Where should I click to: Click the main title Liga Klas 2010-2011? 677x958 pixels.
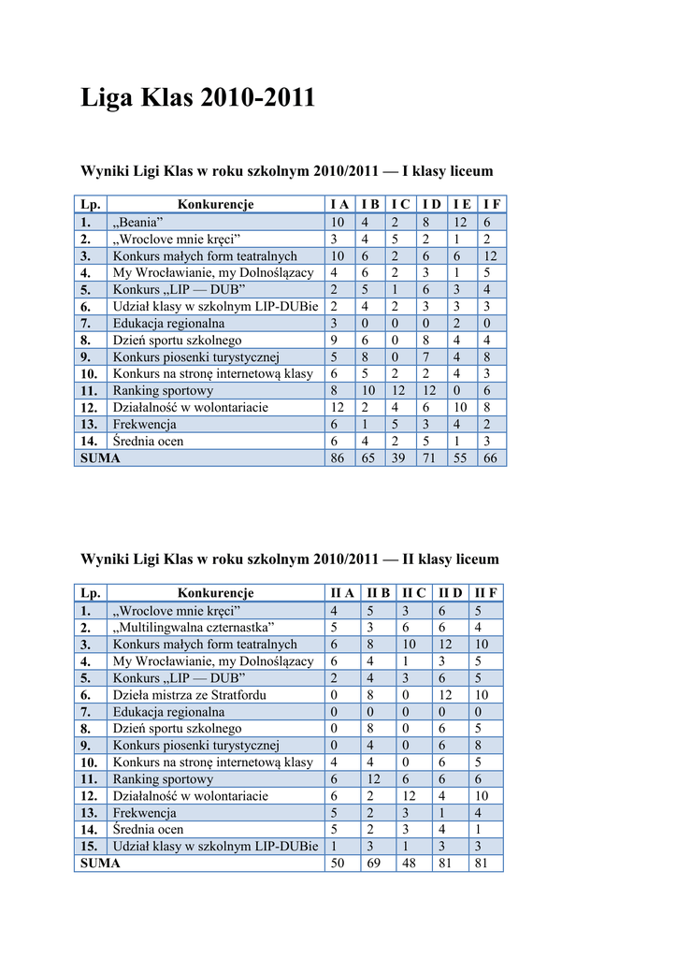pyautogui.click(x=198, y=98)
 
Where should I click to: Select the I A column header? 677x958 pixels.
pyautogui.click(x=339, y=205)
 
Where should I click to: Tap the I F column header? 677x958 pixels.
pyautogui.click(x=492, y=205)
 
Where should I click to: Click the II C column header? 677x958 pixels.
pyautogui.click(x=413, y=593)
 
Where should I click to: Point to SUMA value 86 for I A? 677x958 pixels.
pyautogui.click(x=338, y=458)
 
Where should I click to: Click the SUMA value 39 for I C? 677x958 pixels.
pyautogui.click(x=398, y=458)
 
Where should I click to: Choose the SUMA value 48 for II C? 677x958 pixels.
pyautogui.click(x=411, y=864)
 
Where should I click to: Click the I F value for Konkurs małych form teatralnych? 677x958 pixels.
pyautogui.click(x=491, y=256)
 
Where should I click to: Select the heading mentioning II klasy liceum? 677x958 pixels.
pyautogui.click(x=291, y=559)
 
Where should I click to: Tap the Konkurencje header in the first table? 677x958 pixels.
pyautogui.click(x=216, y=205)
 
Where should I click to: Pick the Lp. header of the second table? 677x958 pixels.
pyautogui.click(x=91, y=593)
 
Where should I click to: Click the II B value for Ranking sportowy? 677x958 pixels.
pyautogui.click(x=378, y=779)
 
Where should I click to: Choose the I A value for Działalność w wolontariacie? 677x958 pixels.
pyautogui.click(x=338, y=408)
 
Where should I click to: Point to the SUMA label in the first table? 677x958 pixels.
pyautogui.click(x=100, y=458)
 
